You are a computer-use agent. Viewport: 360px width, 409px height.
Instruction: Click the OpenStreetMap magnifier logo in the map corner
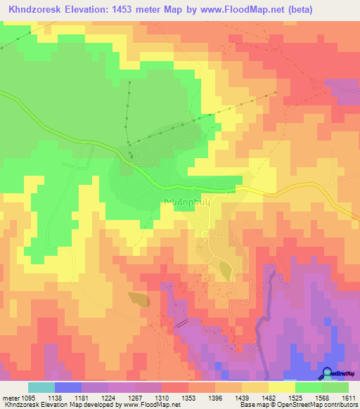point(327,373)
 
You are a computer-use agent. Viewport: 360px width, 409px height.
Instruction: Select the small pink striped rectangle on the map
point(181,323)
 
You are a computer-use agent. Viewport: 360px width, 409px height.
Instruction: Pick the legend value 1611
point(349,397)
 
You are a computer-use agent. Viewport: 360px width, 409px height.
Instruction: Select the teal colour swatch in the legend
point(41,387)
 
